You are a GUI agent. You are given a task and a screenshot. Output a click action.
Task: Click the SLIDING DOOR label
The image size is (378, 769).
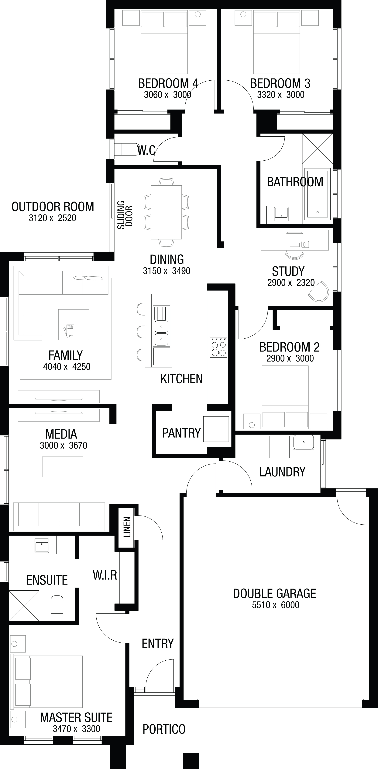pyautogui.click(x=125, y=215)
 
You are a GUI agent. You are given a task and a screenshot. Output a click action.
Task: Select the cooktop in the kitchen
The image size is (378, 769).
pyautogui.click(x=219, y=347)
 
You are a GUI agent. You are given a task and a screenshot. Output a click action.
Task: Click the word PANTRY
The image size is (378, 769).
pyautogui.click(x=181, y=433)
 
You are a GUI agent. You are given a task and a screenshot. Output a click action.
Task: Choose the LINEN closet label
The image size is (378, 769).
pyautogui.click(x=127, y=527)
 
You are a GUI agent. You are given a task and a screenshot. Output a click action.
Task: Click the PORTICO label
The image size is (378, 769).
pyautogui.click(x=164, y=727)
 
